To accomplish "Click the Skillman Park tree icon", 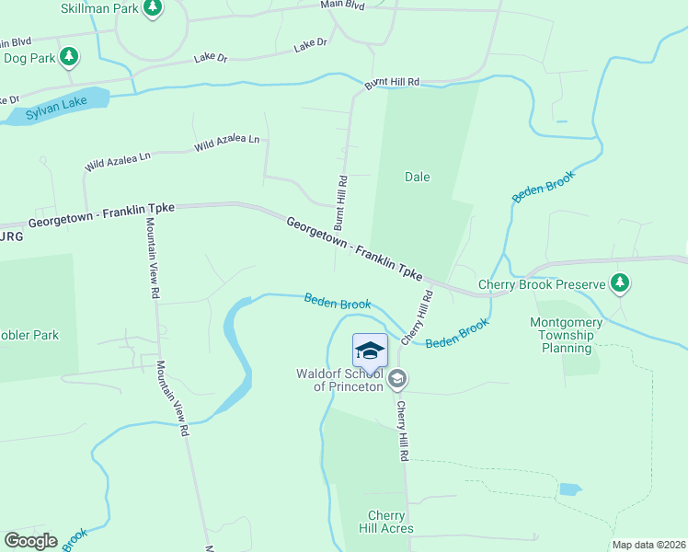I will pos(153,9).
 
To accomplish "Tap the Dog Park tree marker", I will pos(69,57).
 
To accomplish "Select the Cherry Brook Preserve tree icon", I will pos(621,284).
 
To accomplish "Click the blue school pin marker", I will pos(370,351).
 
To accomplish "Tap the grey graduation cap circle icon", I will pos(397,378).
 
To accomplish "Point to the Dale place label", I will pos(418,177).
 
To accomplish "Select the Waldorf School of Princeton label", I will pos(339,380).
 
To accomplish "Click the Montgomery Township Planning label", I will pos(567,335).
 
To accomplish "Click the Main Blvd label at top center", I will pos(342,6).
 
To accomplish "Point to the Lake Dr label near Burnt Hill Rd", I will pos(311,44).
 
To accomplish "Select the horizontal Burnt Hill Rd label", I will pos(392,84).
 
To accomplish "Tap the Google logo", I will pos(30,541).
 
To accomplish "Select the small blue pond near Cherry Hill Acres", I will pos(569,489).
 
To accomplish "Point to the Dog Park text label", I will pos(31,58).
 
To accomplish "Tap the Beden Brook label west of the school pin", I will pos(338,302).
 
